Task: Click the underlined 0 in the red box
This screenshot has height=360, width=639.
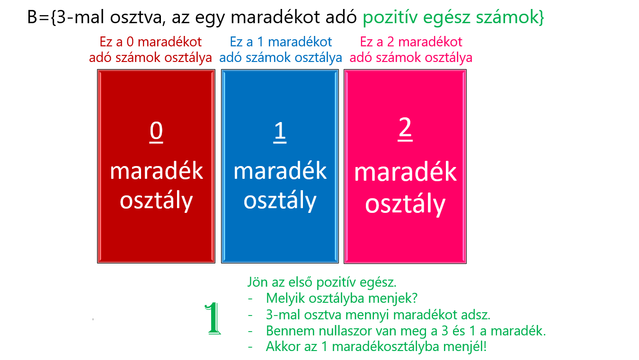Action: (156, 131)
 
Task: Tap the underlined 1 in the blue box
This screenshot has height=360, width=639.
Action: (280, 132)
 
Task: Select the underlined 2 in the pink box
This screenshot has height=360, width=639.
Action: (405, 129)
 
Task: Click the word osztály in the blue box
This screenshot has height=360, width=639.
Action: (280, 201)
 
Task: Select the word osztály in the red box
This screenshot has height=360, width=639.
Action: (156, 201)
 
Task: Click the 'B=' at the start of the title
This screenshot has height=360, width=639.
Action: (39, 17)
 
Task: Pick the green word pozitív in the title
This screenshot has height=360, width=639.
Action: (390, 18)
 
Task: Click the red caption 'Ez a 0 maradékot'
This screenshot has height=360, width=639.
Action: (151, 42)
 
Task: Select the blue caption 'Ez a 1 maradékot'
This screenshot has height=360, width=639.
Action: (281, 42)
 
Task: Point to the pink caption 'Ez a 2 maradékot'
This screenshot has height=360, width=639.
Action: (411, 42)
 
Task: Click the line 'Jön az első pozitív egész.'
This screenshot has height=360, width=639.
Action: (322, 282)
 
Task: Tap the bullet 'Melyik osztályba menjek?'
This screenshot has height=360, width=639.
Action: (342, 299)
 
